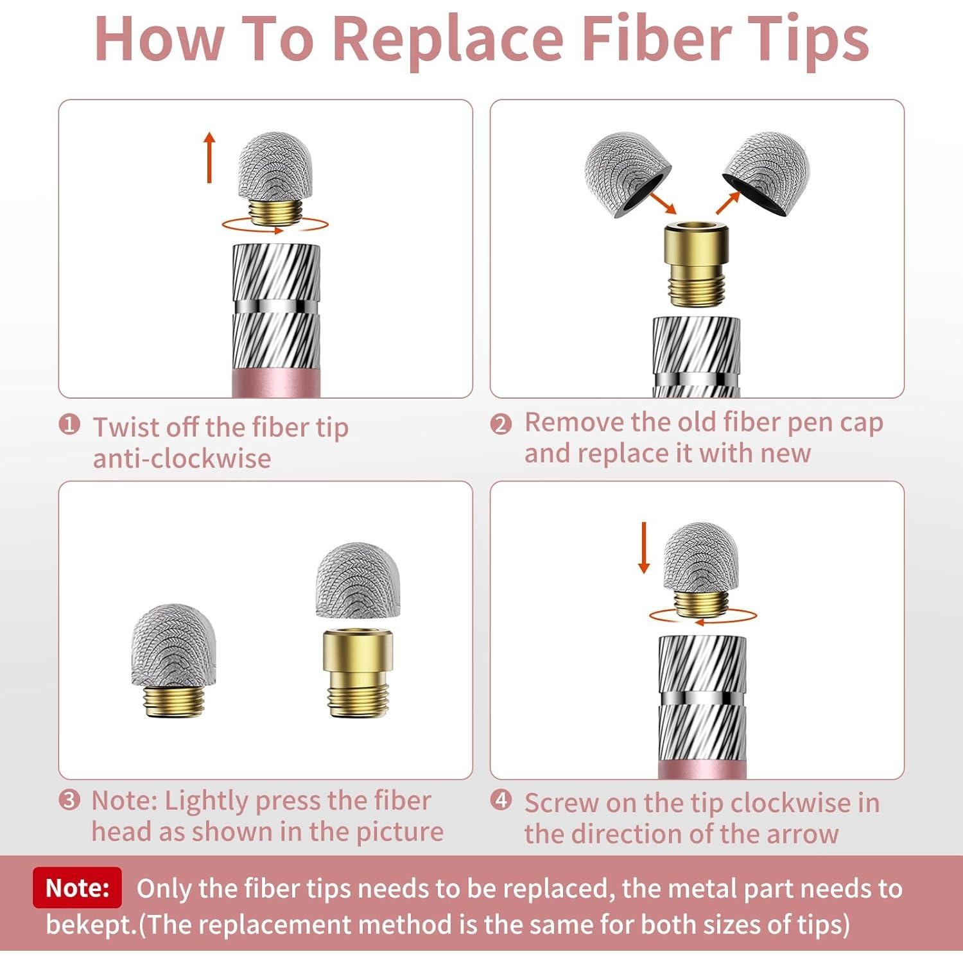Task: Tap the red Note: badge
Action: [x=77, y=887]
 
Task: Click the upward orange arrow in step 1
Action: [x=209, y=157]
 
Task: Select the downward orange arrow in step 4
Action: [x=644, y=547]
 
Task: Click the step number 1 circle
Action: [x=69, y=424]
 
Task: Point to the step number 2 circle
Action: [x=501, y=424]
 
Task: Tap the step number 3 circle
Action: [x=69, y=800]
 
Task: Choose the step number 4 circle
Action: [x=501, y=800]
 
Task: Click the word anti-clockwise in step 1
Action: [x=182, y=458]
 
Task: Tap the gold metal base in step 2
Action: [x=697, y=263]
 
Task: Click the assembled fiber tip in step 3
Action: [x=174, y=659]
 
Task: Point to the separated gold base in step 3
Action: [x=358, y=673]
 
